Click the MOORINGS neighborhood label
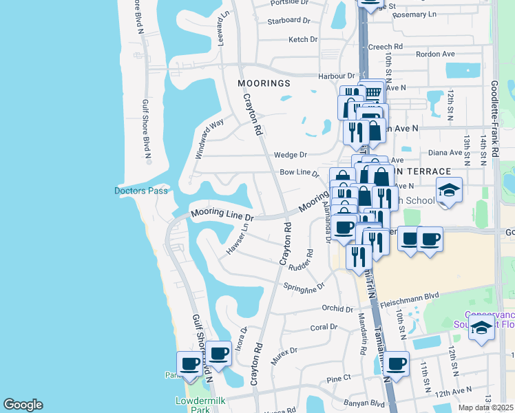[264, 83]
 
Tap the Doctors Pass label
[141, 191]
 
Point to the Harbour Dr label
[335, 76]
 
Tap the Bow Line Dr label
[299, 173]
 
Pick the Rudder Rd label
[302, 262]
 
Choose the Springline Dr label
[304, 286]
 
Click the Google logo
[23, 405]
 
